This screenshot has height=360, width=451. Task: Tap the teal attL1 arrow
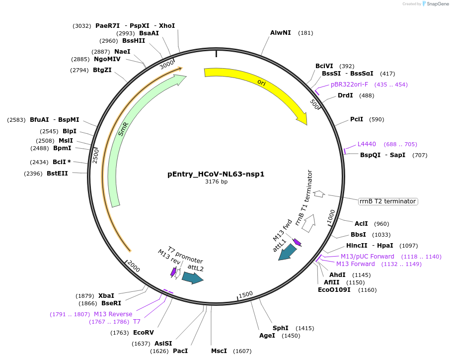(x=287, y=253)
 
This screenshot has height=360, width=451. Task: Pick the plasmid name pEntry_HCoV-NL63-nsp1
(x=216, y=174)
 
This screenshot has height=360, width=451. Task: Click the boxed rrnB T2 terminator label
(x=387, y=201)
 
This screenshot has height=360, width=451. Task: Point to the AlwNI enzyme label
(x=281, y=33)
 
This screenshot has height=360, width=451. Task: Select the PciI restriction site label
(x=357, y=119)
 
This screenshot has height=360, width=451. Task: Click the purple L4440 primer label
(x=367, y=144)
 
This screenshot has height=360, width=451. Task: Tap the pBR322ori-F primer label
(x=350, y=85)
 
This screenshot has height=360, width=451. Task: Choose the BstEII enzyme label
(x=57, y=173)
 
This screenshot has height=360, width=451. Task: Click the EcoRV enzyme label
(x=144, y=333)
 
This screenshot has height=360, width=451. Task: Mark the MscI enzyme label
(x=219, y=351)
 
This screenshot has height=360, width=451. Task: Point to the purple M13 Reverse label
(x=113, y=314)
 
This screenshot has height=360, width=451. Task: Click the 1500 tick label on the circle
(x=246, y=294)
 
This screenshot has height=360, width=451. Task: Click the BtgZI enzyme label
(x=102, y=70)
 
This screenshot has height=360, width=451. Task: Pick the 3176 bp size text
(x=216, y=182)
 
